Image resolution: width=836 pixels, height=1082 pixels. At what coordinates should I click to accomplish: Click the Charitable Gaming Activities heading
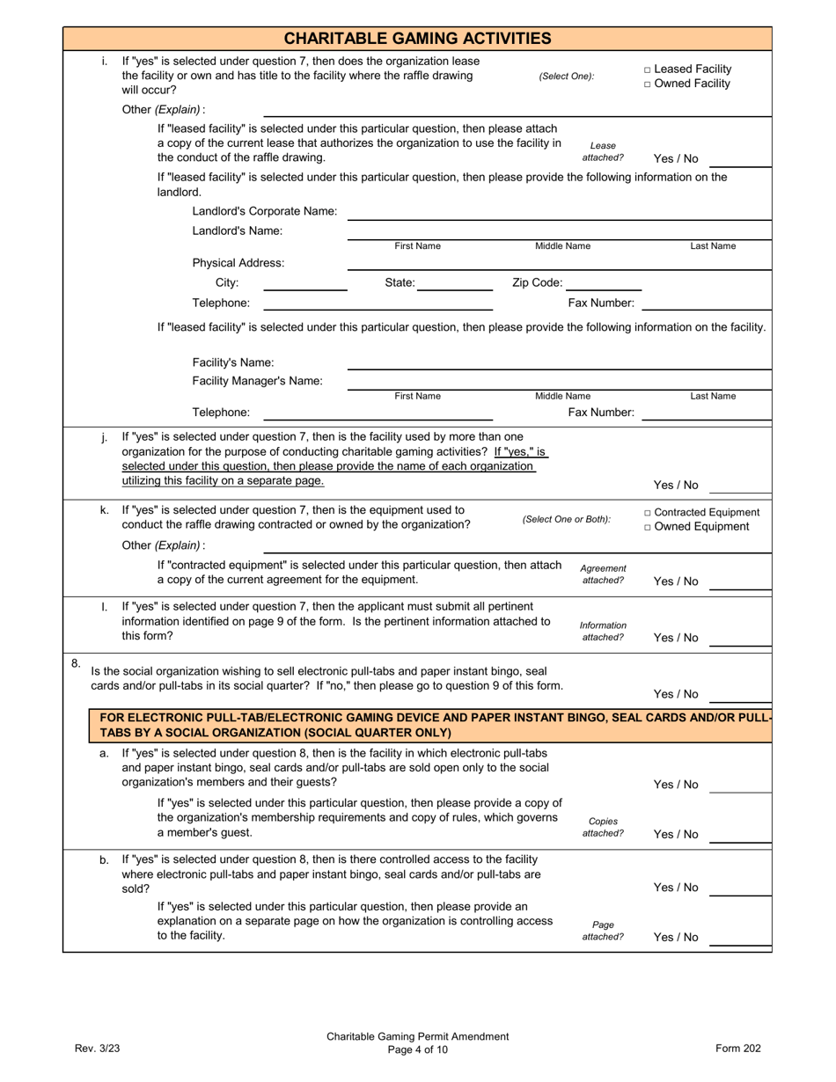coord(417,38)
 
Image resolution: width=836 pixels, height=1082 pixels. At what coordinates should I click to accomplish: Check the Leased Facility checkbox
coord(648,69)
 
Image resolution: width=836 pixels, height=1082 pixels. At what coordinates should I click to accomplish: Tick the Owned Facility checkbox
coord(648,84)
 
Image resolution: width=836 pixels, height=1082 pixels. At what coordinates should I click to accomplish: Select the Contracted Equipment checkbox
coord(648,513)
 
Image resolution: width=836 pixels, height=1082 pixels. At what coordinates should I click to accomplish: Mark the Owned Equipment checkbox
coord(648,527)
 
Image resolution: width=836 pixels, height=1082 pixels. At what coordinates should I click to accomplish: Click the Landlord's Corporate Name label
coord(264,211)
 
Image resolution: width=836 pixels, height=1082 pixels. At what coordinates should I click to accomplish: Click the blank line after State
coord(455,283)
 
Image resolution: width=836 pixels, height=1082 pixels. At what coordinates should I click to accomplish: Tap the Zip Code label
coord(537,283)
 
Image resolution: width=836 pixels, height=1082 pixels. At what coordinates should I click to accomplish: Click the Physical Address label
coord(238,263)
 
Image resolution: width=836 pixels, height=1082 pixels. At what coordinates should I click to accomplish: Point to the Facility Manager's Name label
coord(257,381)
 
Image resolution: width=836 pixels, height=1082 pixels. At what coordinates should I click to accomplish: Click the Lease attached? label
coord(603,151)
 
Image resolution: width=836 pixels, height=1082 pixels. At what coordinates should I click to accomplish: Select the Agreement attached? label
coord(603,574)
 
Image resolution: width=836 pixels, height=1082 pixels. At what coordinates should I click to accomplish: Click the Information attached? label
coord(603,631)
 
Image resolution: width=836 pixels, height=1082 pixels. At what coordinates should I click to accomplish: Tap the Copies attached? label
coord(603,827)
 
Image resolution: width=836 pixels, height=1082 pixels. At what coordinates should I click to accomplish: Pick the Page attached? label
coord(603,931)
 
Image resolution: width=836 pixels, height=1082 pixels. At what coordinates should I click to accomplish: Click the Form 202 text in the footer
coord(737,1048)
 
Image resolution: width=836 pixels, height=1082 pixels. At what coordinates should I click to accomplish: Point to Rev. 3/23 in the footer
coord(96,1048)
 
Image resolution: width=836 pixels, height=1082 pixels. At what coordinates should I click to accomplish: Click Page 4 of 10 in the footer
coord(417,1049)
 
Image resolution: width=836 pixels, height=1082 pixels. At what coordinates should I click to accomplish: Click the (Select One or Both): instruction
coord(566,519)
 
